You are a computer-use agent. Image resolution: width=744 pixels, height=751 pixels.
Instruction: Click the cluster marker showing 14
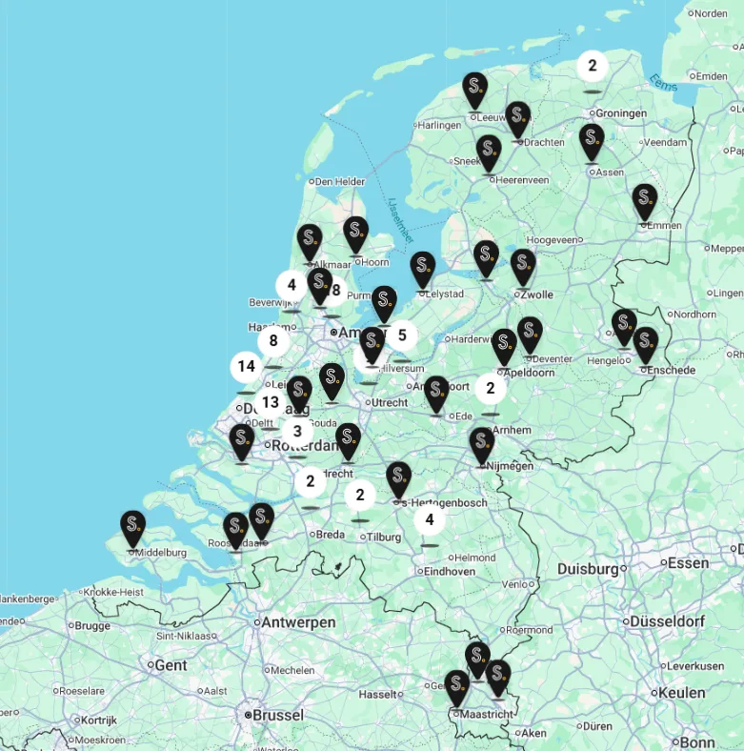point(247,367)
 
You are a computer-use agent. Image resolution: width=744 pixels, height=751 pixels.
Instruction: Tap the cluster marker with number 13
point(271,403)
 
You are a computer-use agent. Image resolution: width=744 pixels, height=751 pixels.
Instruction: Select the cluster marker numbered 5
point(402,335)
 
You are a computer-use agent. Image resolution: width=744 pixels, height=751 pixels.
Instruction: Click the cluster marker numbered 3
point(297,431)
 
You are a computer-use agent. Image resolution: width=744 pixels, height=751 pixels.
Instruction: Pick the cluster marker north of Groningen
point(593,66)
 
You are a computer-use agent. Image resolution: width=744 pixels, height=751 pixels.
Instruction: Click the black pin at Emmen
point(645,202)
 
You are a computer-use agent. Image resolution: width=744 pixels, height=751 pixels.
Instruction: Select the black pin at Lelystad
point(423,270)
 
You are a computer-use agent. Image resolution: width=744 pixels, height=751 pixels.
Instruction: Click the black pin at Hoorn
point(356,234)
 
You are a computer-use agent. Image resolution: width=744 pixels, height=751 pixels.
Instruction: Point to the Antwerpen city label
point(300,622)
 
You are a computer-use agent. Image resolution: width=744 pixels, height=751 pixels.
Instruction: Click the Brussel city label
point(277,715)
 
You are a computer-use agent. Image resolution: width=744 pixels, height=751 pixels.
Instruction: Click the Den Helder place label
point(339,181)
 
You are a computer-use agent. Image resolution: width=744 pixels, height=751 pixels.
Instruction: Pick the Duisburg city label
point(588,569)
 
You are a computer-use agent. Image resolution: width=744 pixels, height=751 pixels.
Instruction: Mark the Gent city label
point(171,664)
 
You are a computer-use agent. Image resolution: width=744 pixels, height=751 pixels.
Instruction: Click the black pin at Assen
point(592,142)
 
